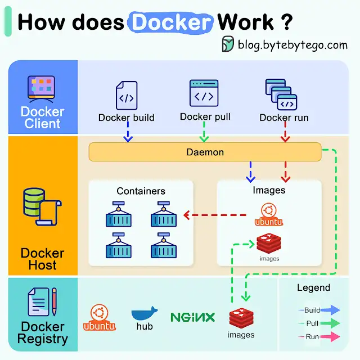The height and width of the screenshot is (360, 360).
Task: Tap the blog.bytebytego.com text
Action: tap(292, 45)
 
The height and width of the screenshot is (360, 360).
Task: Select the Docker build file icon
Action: tap(126, 96)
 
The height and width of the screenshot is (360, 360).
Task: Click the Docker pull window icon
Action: tap(204, 93)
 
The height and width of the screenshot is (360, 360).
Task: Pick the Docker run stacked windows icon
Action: tap(281, 94)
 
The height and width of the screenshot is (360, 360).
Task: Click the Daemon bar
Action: tap(205, 152)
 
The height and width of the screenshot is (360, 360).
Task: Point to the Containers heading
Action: tap(141, 191)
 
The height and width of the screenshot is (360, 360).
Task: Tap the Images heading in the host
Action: tap(268, 190)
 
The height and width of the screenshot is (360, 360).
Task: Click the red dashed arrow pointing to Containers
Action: tap(216, 214)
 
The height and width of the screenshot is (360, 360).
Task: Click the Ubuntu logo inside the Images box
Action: tap(268, 215)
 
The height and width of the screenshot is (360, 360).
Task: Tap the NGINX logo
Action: tap(192, 317)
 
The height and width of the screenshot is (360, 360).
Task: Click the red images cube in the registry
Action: tap(241, 318)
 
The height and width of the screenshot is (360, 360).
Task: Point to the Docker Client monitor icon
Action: tap(41, 88)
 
